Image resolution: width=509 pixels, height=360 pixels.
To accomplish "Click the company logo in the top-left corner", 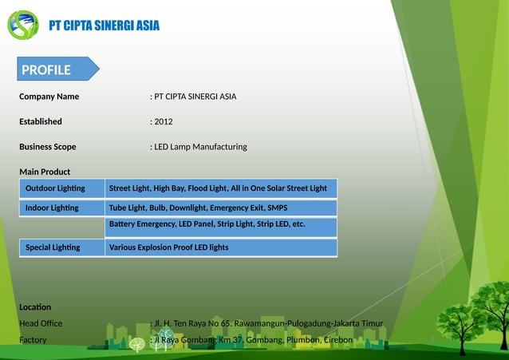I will pos(22,25).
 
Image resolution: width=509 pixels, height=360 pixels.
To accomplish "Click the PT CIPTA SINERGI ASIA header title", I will pos(104,26).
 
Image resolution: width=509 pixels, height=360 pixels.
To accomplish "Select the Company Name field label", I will pos(49,97).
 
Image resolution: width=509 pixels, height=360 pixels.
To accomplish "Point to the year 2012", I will pos(163,121).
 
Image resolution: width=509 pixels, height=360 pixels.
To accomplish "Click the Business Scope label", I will pos(48,147).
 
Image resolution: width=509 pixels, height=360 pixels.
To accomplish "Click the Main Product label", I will pos(45,172).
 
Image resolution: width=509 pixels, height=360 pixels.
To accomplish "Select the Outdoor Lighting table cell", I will pos(55,188).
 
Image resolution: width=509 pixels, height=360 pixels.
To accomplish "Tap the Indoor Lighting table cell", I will pos(52,208).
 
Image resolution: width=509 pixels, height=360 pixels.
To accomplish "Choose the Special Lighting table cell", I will pos(53,247).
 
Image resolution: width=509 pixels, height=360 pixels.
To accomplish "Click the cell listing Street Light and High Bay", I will pos(218,188).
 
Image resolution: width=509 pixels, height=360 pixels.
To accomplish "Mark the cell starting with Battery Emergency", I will pos(207,224).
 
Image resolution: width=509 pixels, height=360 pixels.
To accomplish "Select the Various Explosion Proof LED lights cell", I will pos(169,247).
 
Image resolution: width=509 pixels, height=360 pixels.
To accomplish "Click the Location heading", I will pos(35,307).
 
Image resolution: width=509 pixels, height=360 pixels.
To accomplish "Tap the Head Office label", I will pos(41,323).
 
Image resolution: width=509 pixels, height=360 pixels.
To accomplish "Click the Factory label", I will pos(33,340).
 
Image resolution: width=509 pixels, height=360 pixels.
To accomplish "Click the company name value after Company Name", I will pos(194,97).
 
